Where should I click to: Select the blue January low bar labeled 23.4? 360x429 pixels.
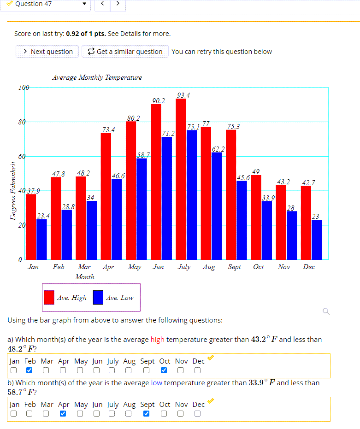click(41, 239)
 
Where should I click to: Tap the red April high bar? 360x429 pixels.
click(106, 196)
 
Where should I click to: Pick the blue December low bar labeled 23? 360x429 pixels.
click(316, 240)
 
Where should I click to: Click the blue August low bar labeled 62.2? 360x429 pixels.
click(216, 206)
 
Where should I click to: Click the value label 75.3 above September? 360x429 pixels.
click(233, 126)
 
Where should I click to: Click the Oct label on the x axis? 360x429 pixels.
click(258, 267)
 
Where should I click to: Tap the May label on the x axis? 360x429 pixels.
click(134, 267)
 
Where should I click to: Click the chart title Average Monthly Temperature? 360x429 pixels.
click(97, 77)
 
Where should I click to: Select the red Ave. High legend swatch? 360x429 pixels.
click(49, 297)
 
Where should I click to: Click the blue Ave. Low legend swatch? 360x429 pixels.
click(98, 297)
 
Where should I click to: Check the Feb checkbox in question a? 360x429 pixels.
click(30, 370)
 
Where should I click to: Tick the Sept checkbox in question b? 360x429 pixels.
click(147, 413)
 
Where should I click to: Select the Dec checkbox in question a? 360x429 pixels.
click(197, 370)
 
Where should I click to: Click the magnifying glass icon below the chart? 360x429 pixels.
click(326, 312)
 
